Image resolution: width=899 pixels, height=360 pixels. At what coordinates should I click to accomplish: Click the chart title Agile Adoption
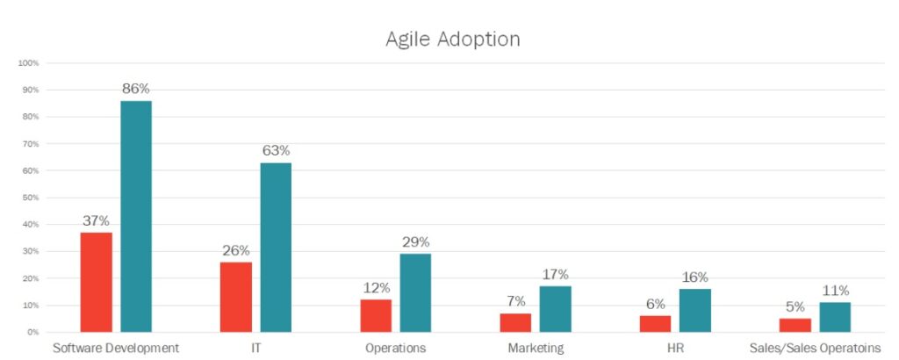click(452, 40)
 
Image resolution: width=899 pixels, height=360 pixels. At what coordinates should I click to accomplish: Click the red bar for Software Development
click(96, 282)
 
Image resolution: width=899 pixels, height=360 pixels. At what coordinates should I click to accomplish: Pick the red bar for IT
click(235, 297)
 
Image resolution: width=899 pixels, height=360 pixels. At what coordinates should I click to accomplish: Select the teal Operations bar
click(415, 292)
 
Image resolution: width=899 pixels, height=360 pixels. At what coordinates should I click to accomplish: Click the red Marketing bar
click(515, 322)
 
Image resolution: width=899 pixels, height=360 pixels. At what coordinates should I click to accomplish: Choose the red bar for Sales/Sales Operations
click(795, 325)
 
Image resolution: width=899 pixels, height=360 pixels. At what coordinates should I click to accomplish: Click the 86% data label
click(136, 89)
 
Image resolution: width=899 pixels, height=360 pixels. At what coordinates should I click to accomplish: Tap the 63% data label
click(276, 151)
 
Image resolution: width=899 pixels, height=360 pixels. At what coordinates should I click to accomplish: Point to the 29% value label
click(415, 242)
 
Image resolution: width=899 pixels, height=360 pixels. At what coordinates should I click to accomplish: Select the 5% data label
click(795, 306)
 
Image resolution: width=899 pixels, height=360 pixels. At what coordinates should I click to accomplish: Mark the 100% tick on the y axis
click(29, 63)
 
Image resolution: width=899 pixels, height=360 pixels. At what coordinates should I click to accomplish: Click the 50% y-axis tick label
click(31, 198)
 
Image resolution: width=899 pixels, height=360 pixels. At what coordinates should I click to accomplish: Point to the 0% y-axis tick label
click(32, 332)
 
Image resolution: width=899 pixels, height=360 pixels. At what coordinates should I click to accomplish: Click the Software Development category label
click(116, 348)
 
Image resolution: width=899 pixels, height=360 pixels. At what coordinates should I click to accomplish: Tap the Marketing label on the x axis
click(536, 348)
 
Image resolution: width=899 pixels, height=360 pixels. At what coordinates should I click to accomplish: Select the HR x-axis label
click(674, 348)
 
